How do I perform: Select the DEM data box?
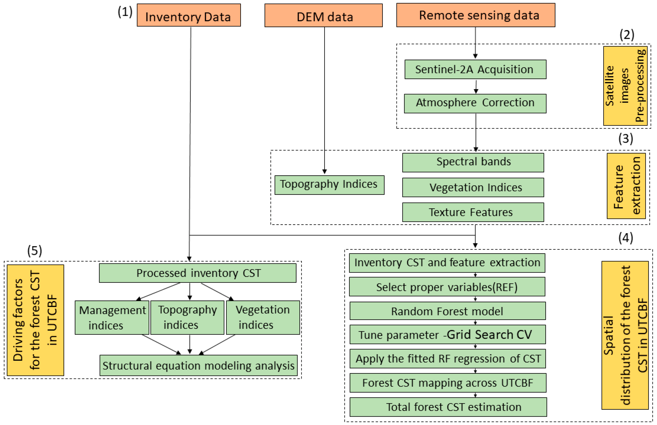[x=323, y=16]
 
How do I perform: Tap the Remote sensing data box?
[x=475, y=15]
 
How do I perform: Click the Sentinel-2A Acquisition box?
[x=475, y=69]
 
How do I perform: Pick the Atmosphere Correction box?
[x=475, y=103]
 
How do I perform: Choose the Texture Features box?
[x=473, y=212]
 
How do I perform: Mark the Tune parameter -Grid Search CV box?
[x=447, y=334]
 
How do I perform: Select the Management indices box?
[x=112, y=317]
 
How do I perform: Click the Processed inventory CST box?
[x=197, y=273]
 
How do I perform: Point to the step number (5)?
[x=34, y=251]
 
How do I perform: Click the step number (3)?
[x=625, y=139]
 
